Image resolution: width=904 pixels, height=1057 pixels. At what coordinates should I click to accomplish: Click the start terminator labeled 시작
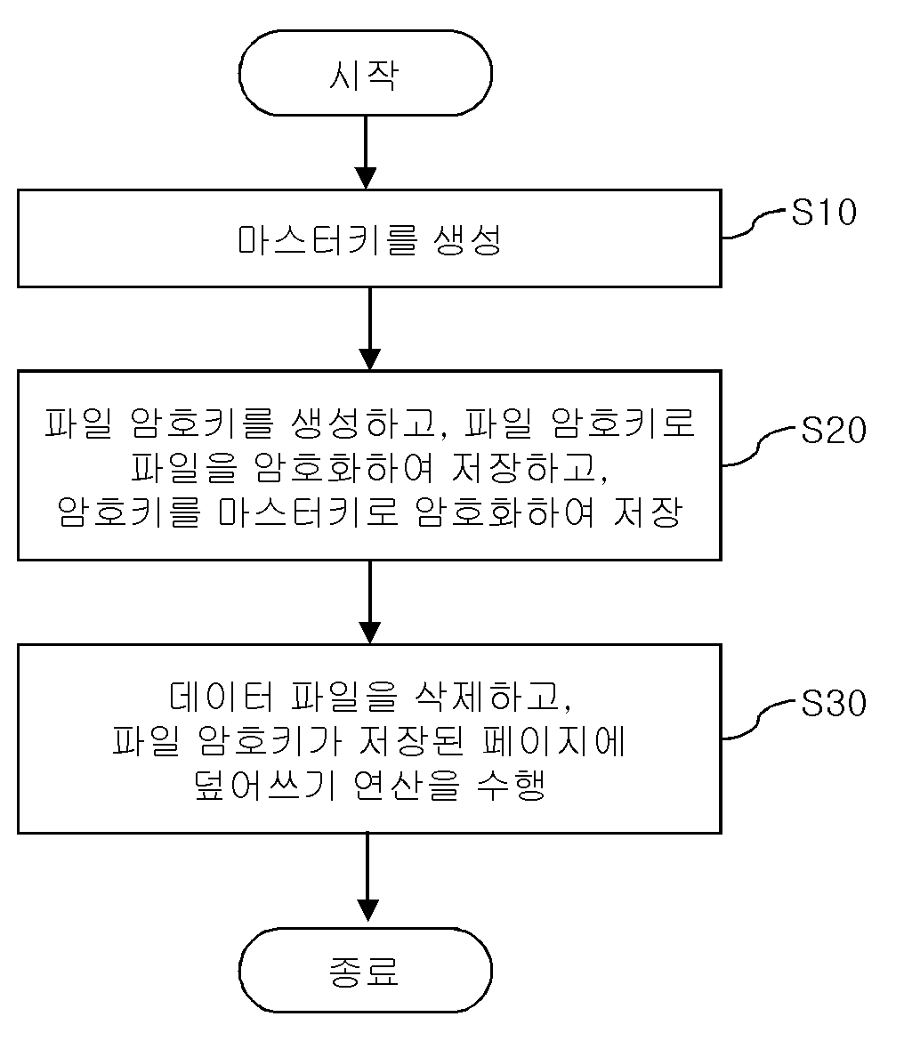point(366,73)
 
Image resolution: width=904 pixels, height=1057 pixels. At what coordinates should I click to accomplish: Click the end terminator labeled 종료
point(366,971)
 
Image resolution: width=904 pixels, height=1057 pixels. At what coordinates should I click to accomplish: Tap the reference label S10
point(823,213)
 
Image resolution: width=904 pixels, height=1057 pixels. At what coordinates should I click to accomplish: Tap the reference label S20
point(833,430)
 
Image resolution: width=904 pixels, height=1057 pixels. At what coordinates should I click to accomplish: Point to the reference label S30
point(833,703)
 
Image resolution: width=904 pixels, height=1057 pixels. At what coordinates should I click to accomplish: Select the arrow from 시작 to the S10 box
point(366,152)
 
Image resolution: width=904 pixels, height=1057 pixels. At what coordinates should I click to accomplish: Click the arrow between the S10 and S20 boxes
point(369,329)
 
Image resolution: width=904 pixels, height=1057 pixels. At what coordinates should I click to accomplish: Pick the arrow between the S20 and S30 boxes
point(369,602)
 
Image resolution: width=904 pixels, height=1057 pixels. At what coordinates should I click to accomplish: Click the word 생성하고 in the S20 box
point(368,424)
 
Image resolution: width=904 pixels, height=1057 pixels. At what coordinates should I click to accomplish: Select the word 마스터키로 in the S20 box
point(308,512)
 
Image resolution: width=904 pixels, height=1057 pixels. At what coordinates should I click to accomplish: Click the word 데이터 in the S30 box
point(222,697)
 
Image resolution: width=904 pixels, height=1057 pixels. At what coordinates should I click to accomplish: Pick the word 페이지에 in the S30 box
point(555,741)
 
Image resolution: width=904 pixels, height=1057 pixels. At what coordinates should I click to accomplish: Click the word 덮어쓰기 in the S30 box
point(265,785)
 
